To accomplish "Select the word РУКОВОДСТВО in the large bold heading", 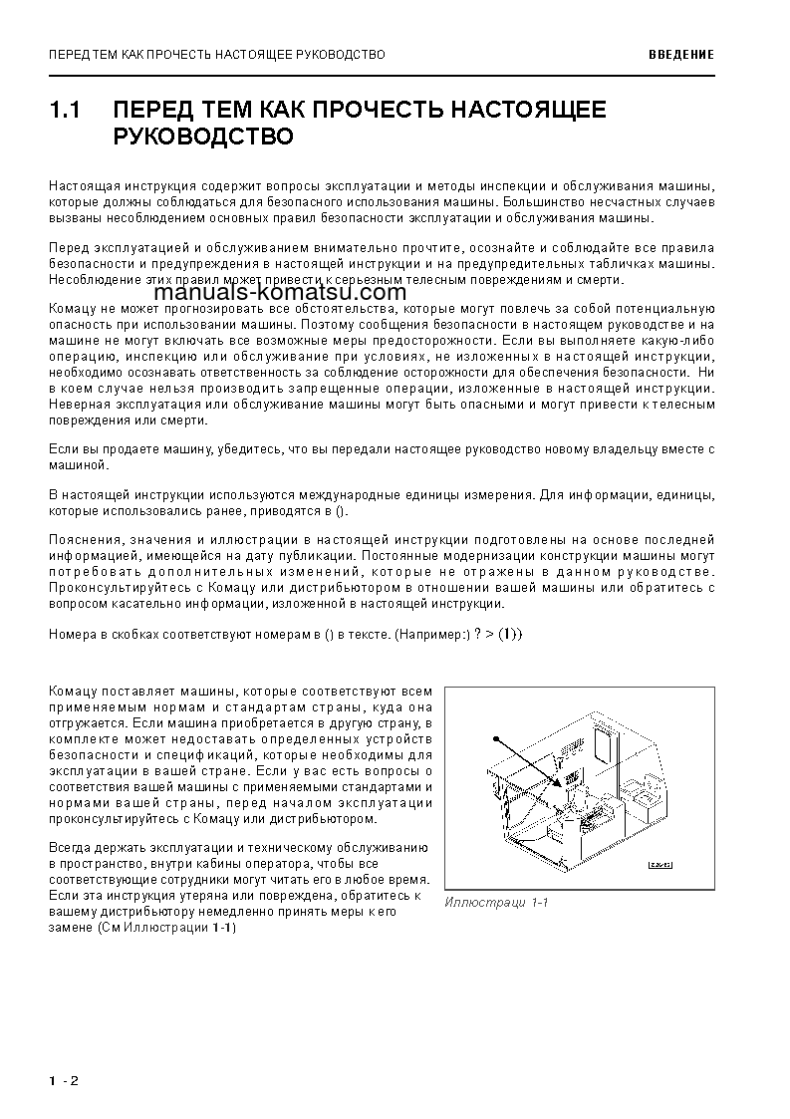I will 203,137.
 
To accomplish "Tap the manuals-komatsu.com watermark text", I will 281,292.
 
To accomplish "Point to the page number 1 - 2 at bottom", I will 63,1080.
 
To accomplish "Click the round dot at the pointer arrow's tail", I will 495,738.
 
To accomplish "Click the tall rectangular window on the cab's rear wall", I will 603,744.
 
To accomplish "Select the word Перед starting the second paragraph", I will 67,247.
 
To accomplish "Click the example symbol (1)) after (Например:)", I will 509,634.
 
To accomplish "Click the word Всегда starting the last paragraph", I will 69,847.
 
